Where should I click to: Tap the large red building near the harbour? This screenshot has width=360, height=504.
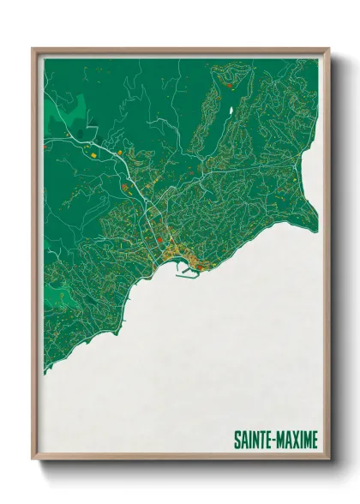[200, 267]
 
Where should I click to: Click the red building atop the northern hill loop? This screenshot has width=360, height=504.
[229, 84]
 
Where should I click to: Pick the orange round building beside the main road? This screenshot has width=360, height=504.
[119, 153]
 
